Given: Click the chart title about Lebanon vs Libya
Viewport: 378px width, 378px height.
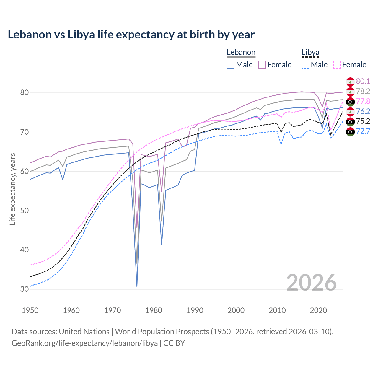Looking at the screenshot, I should [131, 35].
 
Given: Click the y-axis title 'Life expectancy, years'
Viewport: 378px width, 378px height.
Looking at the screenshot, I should [12, 189].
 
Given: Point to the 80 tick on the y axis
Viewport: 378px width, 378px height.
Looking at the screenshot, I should [24, 93].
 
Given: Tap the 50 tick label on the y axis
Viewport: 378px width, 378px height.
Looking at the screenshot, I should [24, 211].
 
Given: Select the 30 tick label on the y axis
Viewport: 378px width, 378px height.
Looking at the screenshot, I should [24, 289].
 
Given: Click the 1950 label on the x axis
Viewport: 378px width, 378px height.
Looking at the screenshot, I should [30, 310].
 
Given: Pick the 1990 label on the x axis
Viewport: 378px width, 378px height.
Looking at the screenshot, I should [195, 310].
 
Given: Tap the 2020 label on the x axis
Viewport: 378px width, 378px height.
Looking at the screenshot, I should [318, 310].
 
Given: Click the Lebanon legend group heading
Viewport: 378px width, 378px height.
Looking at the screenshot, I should [241, 53].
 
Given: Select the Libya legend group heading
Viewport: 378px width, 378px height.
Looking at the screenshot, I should [310, 53].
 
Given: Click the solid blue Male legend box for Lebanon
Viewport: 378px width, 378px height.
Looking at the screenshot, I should [231, 65].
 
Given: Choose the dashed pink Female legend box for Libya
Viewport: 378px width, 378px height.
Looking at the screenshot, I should [337, 65].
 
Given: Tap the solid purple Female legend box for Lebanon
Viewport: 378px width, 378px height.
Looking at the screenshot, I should [262, 65].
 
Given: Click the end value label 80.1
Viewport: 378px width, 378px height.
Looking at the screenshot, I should [363, 82].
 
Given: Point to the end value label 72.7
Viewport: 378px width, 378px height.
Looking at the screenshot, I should [363, 131].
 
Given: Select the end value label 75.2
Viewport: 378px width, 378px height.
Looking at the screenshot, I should [363, 121].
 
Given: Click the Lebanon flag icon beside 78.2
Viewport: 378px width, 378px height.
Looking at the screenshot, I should [350, 92].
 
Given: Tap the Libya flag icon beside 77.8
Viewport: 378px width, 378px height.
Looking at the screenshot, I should [350, 102].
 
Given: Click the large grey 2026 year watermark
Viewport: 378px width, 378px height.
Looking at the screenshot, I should [311, 283].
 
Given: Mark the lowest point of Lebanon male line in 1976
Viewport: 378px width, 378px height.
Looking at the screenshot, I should [137, 286].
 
